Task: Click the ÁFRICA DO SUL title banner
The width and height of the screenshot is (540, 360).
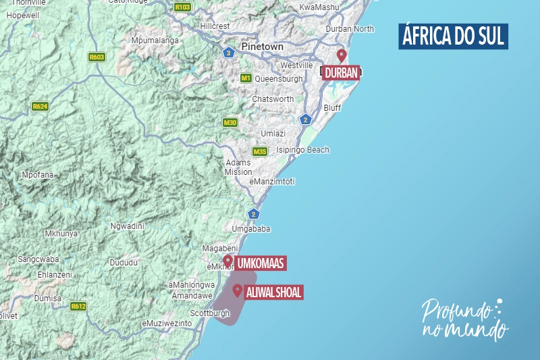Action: click(x=452, y=36)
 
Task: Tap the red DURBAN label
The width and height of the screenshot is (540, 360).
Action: click(x=342, y=72)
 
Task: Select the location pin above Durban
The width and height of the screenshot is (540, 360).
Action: click(x=342, y=55)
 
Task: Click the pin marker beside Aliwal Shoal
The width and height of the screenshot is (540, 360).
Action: click(x=238, y=290)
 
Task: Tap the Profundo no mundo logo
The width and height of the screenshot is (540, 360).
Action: click(x=464, y=319)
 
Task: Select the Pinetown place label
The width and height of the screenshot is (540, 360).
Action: click(x=263, y=47)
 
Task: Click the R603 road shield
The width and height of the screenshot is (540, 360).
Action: click(x=97, y=57)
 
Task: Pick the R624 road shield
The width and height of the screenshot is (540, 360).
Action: click(x=40, y=106)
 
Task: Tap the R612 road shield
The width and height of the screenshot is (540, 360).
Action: click(x=78, y=306)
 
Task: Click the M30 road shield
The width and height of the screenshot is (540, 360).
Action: click(x=230, y=122)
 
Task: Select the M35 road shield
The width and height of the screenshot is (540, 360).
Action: click(x=260, y=151)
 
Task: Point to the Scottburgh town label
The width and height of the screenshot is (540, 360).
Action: click(x=210, y=313)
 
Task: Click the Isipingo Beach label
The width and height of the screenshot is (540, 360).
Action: click(x=303, y=150)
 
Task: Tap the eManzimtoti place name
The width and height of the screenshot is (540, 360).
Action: click(x=271, y=182)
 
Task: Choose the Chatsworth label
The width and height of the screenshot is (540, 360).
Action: click(x=273, y=99)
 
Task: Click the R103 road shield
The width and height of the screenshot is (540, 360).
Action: click(x=182, y=7)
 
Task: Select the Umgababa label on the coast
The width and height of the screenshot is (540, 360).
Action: click(x=251, y=229)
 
